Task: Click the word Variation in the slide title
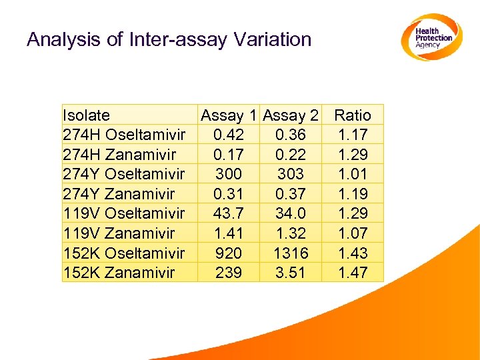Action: (273, 39)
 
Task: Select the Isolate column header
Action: (86, 115)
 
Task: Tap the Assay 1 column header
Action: (230, 115)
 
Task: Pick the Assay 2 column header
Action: (291, 115)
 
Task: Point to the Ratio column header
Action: (353, 115)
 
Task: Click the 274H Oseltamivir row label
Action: (123, 135)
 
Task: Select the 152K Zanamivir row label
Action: (118, 273)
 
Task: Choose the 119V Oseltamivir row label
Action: (123, 213)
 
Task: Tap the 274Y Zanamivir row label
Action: (118, 194)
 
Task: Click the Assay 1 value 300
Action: (229, 174)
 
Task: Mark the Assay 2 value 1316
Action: (291, 253)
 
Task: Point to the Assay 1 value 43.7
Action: (229, 213)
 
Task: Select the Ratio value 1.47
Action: (353, 273)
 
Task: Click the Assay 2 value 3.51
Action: (291, 273)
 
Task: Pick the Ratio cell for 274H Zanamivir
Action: (353, 155)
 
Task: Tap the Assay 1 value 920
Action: (229, 253)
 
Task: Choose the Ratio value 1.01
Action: (353, 174)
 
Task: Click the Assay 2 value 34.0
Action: (291, 213)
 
